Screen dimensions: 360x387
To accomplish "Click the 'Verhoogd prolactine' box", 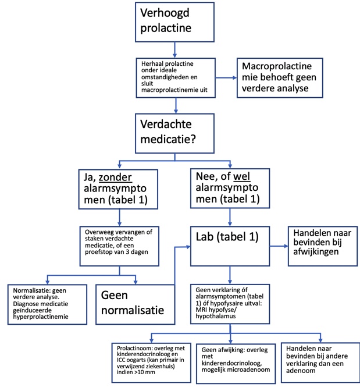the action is pos(174,22).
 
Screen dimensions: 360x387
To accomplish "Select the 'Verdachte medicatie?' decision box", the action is pos(174,133).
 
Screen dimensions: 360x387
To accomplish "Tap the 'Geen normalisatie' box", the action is pos(136,304).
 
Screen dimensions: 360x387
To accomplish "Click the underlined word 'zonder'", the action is pos(115,177).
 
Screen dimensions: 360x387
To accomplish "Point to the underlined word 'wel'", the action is pos(241,176).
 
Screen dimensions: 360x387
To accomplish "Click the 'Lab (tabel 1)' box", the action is pos(230,246).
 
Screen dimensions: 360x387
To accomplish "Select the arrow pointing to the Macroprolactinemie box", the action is pos(226,78).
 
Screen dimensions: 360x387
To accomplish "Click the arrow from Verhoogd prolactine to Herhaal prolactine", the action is pos(174,50).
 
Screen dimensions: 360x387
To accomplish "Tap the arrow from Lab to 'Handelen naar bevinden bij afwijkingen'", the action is pos(279,246).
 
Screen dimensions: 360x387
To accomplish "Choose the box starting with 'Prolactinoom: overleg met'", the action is pos(151,363).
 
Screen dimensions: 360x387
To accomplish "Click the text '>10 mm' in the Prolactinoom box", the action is pos(145,372).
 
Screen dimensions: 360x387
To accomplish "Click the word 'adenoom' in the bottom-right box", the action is pos(301,370).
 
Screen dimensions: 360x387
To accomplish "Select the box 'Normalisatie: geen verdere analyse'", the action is pos(47,304).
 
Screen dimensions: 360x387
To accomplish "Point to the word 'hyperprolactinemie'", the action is pos(41,317).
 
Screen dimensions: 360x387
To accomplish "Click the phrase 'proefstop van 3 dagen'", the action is pos(117,252).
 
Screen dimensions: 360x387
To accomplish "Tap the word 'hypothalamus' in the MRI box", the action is pos(216,316).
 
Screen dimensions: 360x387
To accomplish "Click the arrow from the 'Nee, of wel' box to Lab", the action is pos(230,217).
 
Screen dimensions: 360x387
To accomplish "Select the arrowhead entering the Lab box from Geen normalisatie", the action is pos(188,247).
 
